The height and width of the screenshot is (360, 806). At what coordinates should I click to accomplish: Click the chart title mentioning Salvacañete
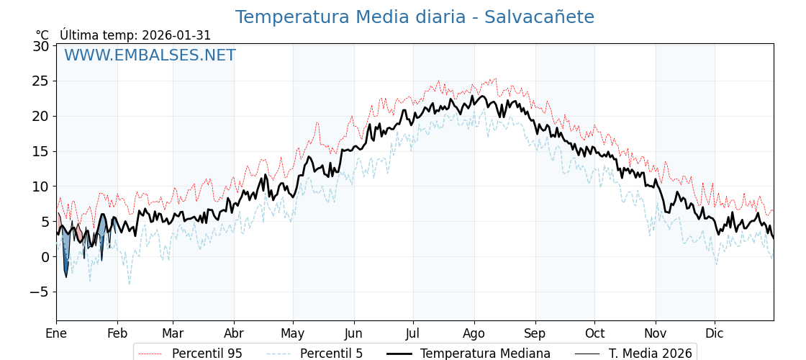pos(415,17)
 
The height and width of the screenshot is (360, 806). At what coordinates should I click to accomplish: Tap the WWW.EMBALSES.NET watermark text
pos(150,55)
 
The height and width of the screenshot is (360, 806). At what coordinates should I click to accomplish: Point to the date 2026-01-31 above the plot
pos(176,35)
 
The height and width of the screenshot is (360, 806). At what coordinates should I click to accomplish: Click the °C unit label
pos(42,35)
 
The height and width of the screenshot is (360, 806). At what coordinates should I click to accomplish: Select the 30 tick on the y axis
pos(41,46)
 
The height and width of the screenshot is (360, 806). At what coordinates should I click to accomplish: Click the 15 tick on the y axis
pos(41,151)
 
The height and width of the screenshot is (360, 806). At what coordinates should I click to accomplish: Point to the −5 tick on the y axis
pos(39,292)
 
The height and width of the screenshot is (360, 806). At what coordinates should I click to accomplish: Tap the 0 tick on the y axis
pos(45,257)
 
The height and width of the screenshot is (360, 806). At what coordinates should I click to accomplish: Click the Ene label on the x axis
pos(56,333)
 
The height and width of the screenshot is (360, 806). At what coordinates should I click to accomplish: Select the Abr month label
pos(234,333)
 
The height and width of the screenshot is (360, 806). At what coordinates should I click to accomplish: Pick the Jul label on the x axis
pos(413,333)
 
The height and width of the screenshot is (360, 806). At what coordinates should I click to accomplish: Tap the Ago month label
pos(474,333)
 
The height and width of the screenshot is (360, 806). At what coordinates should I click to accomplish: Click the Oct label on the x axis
pos(594,333)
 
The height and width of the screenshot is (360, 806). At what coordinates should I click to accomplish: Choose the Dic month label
pos(715,333)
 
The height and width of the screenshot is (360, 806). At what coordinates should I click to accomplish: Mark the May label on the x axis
pos(293,333)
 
